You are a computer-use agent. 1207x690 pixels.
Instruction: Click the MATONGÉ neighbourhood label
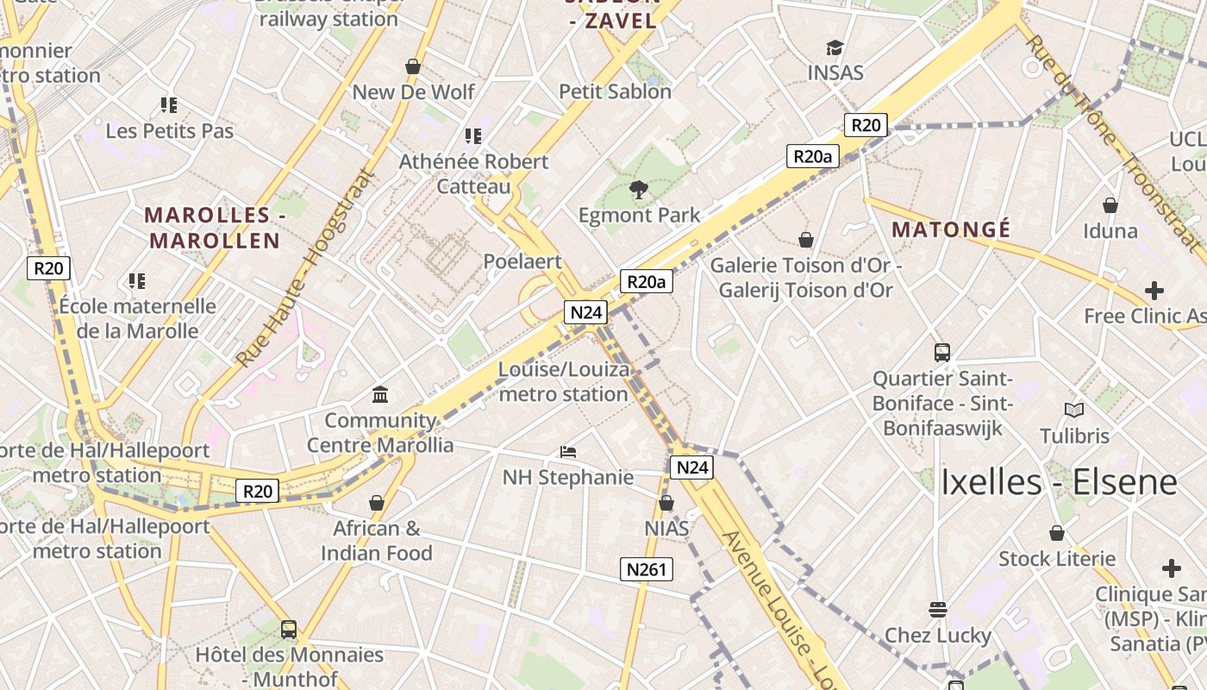pyautogui.click(x=951, y=229)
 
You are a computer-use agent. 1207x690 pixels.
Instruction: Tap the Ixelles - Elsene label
pyautogui.click(x=1059, y=481)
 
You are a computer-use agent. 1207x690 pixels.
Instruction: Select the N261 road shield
pyautogui.click(x=647, y=569)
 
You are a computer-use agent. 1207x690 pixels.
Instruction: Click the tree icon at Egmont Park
pyautogui.click(x=639, y=190)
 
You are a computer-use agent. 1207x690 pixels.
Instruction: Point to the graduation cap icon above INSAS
pyautogui.click(x=835, y=48)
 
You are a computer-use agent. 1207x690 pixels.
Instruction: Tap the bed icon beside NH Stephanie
pyautogui.click(x=568, y=451)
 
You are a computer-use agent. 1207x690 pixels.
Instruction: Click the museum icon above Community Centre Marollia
pyautogui.click(x=380, y=395)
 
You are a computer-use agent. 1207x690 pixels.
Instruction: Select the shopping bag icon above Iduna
pyautogui.click(x=1110, y=205)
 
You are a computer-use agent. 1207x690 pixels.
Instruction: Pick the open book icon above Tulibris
pyautogui.click(x=1074, y=410)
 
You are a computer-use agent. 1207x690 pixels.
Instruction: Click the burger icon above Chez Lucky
pyautogui.click(x=938, y=610)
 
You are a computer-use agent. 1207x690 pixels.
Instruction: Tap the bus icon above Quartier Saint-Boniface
pyautogui.click(x=942, y=352)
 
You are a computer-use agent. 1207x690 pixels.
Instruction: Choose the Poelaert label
pyautogui.click(x=522, y=261)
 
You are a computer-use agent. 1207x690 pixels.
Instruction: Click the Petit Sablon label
pyautogui.click(x=615, y=91)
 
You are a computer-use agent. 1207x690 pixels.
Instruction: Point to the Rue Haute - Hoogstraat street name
pyautogui.click(x=308, y=267)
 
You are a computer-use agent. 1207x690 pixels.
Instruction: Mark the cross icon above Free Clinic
pyautogui.click(x=1154, y=291)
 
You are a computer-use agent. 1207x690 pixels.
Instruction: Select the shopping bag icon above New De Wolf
pyautogui.click(x=413, y=66)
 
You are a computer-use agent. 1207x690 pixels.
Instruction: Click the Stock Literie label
pyautogui.click(x=1057, y=559)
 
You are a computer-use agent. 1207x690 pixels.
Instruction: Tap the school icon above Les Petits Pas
pyautogui.click(x=169, y=105)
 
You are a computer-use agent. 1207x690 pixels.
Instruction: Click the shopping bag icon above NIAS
pyautogui.click(x=666, y=503)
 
